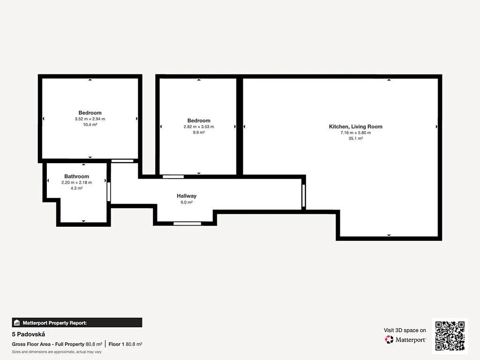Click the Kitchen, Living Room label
click(x=355, y=127)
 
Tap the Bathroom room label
click(x=76, y=176)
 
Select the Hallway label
click(x=187, y=196)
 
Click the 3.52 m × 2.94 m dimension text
click(x=90, y=119)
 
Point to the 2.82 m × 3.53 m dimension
click(x=199, y=127)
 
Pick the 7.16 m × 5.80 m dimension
click(x=355, y=133)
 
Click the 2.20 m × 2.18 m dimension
click(x=76, y=182)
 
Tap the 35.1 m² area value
click(x=355, y=138)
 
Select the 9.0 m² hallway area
click(x=187, y=202)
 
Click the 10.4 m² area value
click(x=90, y=125)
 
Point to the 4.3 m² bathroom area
click(x=76, y=188)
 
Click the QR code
click(x=450, y=336)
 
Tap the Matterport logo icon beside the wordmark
click(x=389, y=339)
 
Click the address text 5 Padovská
click(x=29, y=334)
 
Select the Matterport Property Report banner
click(x=77, y=322)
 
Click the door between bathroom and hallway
click(x=109, y=192)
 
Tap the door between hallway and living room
click(x=303, y=195)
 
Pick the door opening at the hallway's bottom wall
click(x=187, y=224)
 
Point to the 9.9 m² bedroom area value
click(x=199, y=133)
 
